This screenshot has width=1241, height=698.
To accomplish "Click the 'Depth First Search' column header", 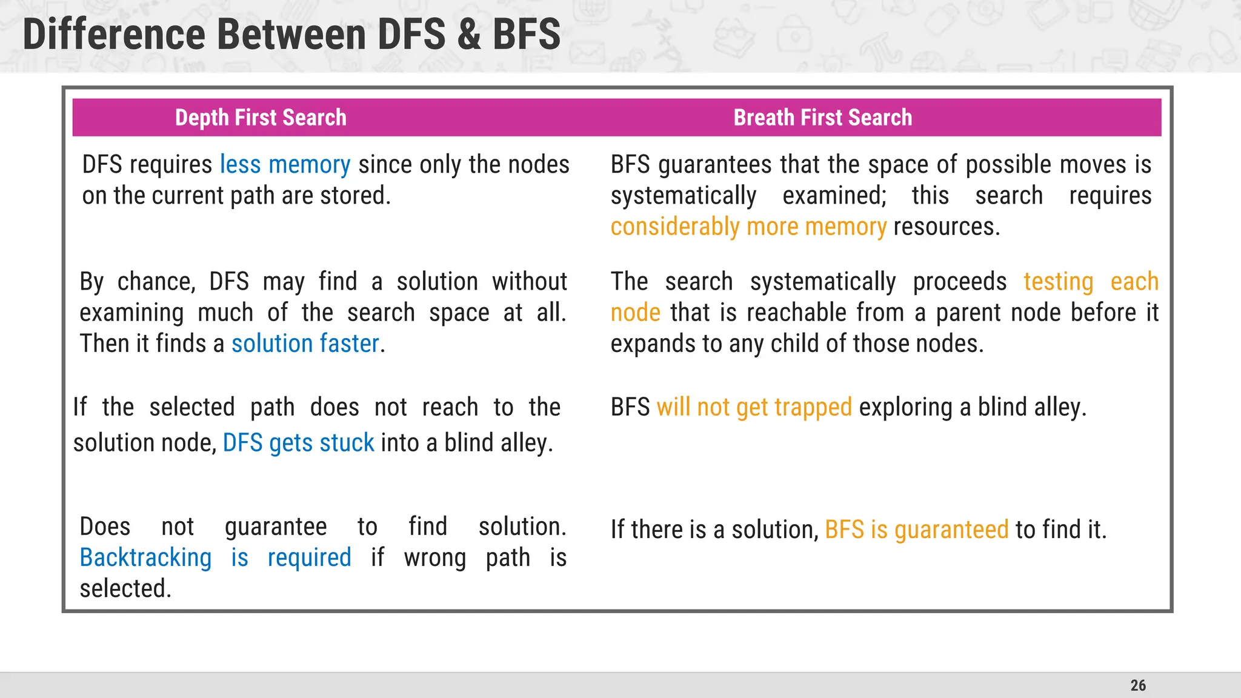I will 261,118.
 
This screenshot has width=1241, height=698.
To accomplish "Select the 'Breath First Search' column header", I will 822,118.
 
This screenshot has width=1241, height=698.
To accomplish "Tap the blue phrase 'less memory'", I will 285,165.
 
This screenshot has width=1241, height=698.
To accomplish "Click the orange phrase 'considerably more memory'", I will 748,227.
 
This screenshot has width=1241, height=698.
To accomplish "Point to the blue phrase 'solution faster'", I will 305,344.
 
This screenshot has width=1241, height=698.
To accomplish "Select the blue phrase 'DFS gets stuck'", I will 298,443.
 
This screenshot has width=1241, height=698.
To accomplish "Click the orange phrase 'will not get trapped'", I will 754,408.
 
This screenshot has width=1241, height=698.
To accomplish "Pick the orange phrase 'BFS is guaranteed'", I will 916,530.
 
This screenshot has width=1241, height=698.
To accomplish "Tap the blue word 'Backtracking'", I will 145,558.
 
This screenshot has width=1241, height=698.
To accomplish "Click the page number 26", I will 1138,685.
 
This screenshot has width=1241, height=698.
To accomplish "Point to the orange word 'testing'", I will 1058,282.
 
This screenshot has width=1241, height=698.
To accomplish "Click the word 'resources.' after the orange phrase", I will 947,227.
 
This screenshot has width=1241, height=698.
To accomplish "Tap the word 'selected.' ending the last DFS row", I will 125,589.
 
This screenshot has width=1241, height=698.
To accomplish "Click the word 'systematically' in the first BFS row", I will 683,196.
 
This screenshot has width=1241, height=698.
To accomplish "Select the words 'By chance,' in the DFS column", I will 137,282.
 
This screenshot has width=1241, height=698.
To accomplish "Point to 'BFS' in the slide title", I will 526,35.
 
